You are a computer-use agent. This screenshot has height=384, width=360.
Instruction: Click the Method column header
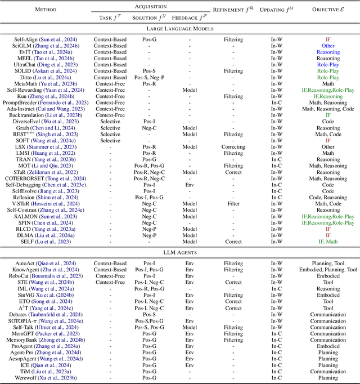(45, 10)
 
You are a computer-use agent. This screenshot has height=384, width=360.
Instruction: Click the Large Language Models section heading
(180, 28)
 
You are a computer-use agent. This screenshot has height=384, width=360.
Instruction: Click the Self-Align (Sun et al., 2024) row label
(46, 40)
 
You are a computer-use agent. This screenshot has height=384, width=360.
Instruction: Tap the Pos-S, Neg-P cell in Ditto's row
(150, 77)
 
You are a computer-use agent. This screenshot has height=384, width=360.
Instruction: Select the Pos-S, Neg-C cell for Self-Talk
(150, 328)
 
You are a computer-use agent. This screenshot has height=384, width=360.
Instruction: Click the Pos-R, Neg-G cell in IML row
(150, 288)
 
